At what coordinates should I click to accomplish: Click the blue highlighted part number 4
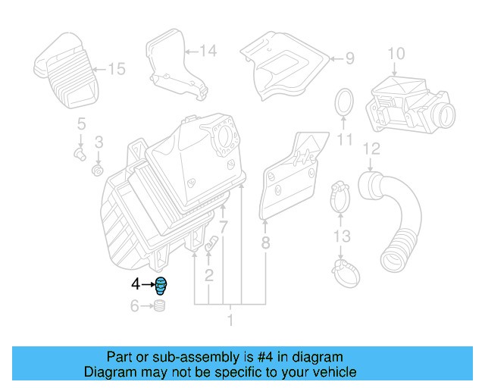[x=161, y=286]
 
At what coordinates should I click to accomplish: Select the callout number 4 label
[x=136, y=285]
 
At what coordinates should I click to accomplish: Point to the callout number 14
[x=208, y=52]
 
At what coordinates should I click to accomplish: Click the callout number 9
[x=349, y=58]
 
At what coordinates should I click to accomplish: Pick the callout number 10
[x=396, y=53]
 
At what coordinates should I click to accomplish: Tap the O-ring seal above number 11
[x=345, y=102]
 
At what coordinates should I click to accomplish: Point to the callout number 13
[x=343, y=237]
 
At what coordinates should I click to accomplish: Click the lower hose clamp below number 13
[x=345, y=267]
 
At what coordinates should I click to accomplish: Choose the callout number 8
[x=265, y=244]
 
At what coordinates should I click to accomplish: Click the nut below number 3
[x=97, y=168]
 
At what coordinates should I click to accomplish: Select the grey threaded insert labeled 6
[x=160, y=307]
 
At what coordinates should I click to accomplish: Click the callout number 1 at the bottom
[x=230, y=321]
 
